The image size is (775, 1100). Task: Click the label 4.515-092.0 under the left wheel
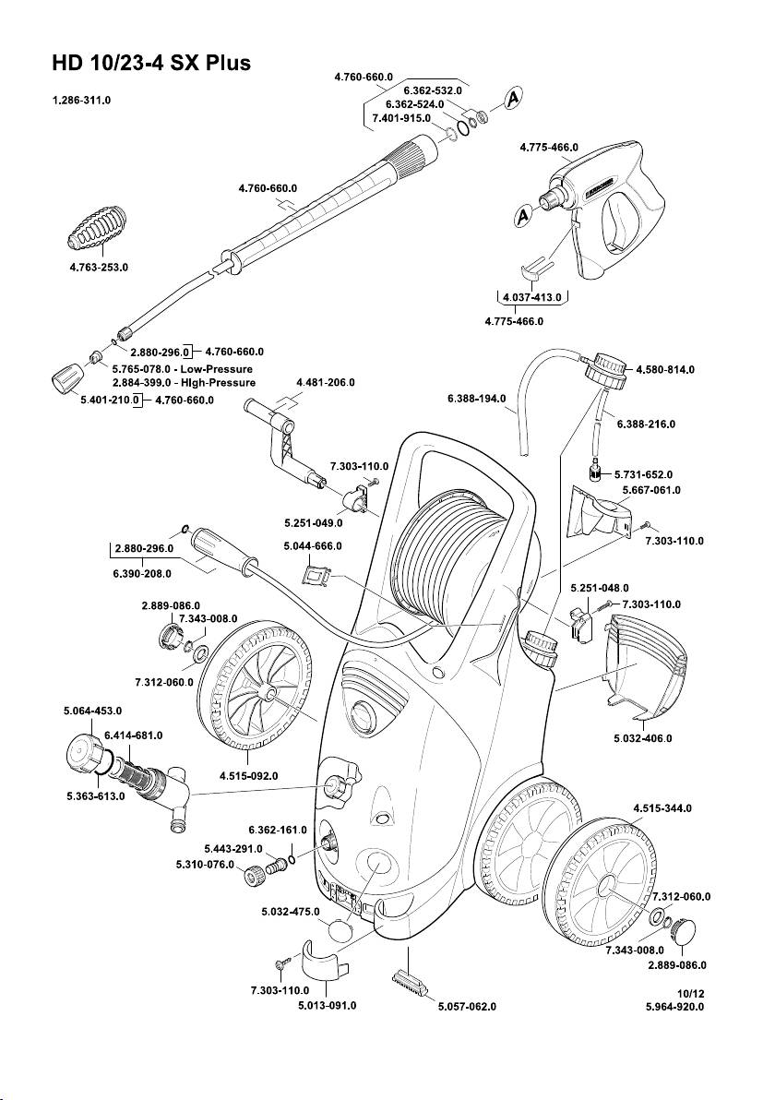pos(250,776)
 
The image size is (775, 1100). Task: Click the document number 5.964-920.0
pos(675,1007)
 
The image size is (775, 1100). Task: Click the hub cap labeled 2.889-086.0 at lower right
pos(688,930)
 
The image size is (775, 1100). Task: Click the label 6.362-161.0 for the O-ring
pos(278,829)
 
